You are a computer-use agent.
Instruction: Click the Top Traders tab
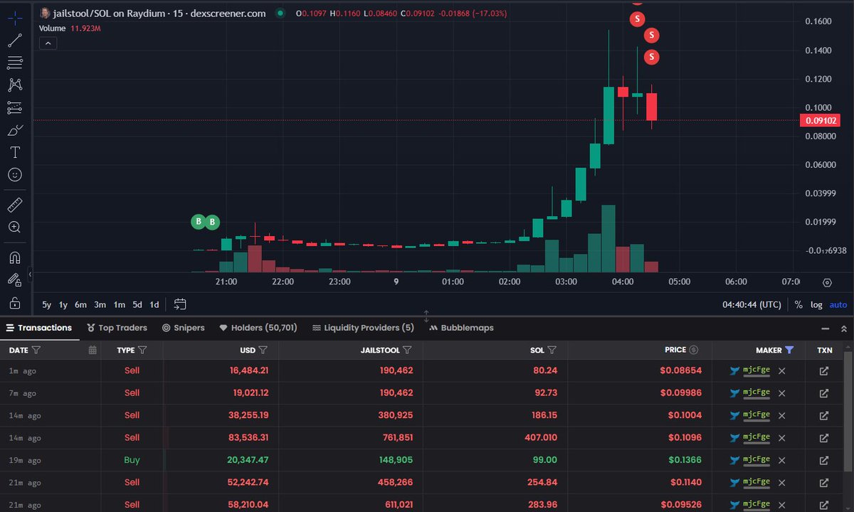coord(117,328)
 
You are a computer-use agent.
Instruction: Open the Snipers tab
coord(184,328)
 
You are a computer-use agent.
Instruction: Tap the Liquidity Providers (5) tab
coord(363,328)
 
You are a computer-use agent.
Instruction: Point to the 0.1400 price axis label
coord(818,50)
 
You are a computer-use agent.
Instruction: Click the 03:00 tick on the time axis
coord(566,282)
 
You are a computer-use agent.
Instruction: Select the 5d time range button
coord(137,304)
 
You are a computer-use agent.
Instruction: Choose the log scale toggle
coord(816,304)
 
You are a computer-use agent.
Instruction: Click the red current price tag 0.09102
coord(821,120)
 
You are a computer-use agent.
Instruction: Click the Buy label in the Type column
coord(132,460)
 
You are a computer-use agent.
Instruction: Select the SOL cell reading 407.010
coord(540,437)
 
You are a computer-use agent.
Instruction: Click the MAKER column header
coord(769,350)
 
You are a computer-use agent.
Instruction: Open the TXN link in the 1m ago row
coord(824,370)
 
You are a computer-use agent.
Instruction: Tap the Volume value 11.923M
coord(86,28)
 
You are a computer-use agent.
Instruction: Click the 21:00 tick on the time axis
coord(226,282)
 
